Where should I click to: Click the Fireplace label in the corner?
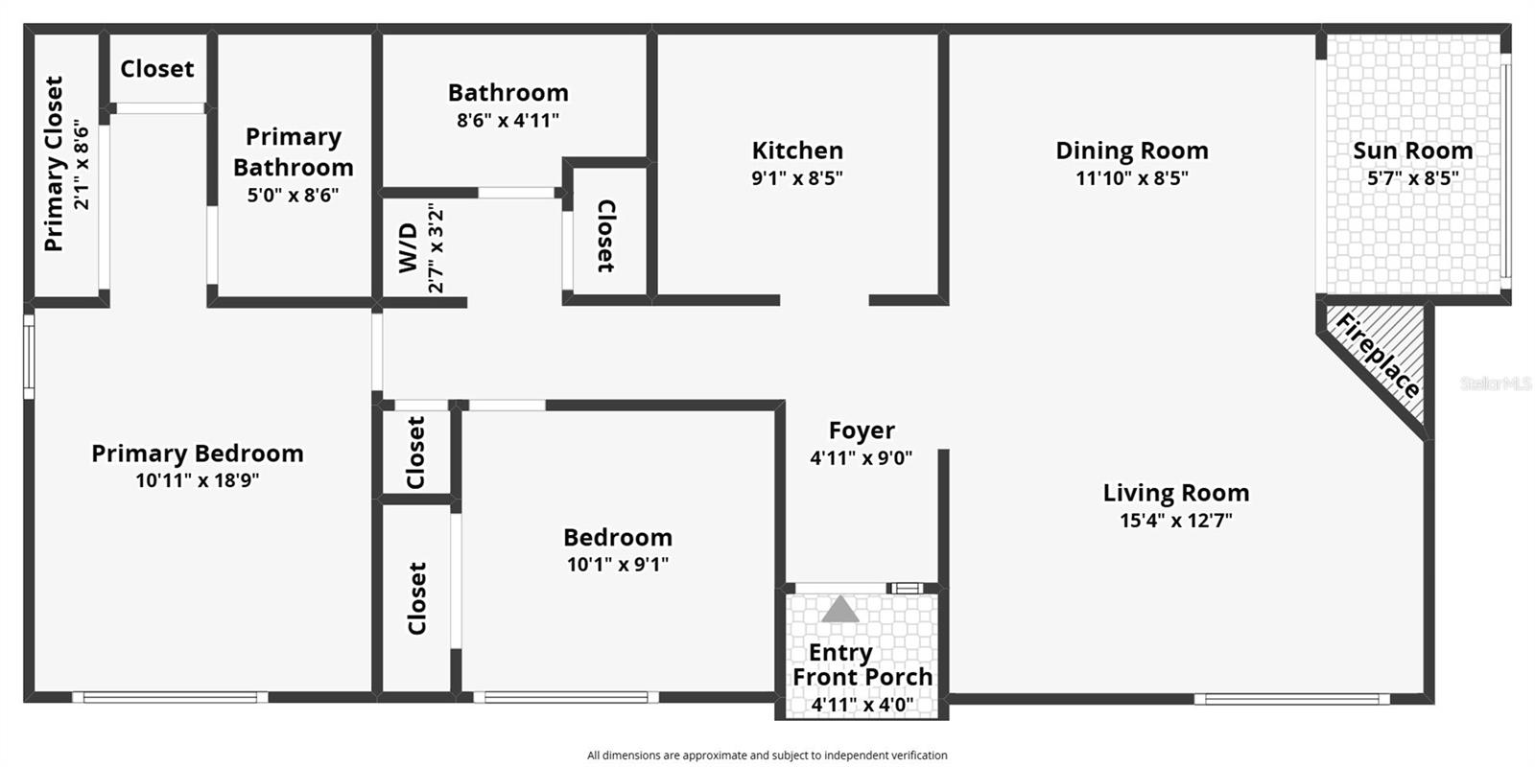point(1378,357)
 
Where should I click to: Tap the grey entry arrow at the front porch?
point(840,610)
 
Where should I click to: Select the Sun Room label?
point(1412,151)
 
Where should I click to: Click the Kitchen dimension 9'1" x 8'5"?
point(796,178)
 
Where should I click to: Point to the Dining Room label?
point(1131,151)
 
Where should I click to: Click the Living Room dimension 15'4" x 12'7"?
point(1175,521)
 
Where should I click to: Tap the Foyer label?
point(862,430)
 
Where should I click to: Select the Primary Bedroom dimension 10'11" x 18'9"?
point(197,480)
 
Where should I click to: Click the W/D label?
point(409,247)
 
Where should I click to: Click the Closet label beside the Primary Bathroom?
point(157,69)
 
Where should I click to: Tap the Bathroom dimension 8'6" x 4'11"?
point(508,121)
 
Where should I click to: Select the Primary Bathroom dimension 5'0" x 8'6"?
point(293,196)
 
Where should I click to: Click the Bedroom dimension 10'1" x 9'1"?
point(617,565)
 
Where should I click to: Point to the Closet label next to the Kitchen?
point(606,236)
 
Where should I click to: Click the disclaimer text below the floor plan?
point(767,755)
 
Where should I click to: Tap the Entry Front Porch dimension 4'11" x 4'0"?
point(862,705)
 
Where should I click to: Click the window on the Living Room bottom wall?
point(1291,699)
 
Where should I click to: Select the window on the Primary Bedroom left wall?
point(29,357)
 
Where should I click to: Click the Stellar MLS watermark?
point(1496,383)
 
